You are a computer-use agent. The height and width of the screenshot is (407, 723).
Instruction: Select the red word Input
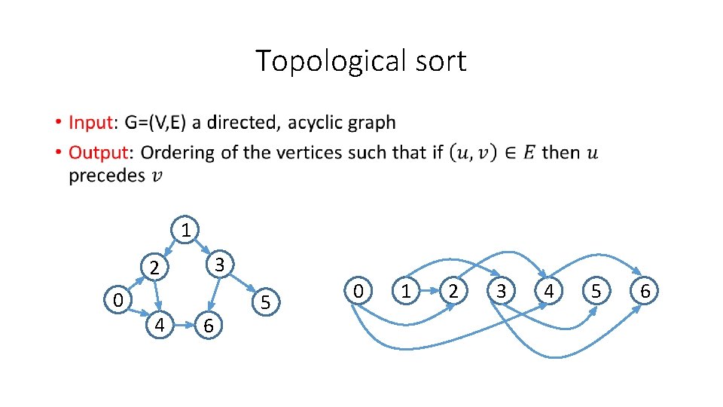point(90,122)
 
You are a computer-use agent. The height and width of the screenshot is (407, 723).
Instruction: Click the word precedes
point(107,176)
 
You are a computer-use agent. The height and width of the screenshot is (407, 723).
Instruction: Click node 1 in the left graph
point(186,229)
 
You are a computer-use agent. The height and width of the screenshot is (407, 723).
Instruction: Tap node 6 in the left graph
point(209,326)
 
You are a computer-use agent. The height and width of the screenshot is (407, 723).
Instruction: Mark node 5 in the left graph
point(265,302)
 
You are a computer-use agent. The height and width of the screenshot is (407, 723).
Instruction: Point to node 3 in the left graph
point(218,265)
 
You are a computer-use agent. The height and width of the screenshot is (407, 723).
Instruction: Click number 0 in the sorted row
point(359,291)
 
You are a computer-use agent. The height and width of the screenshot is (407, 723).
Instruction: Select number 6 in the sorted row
point(645,291)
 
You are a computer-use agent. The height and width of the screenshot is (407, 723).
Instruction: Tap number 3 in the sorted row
point(502,291)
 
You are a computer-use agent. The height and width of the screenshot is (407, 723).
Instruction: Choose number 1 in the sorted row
point(407,291)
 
